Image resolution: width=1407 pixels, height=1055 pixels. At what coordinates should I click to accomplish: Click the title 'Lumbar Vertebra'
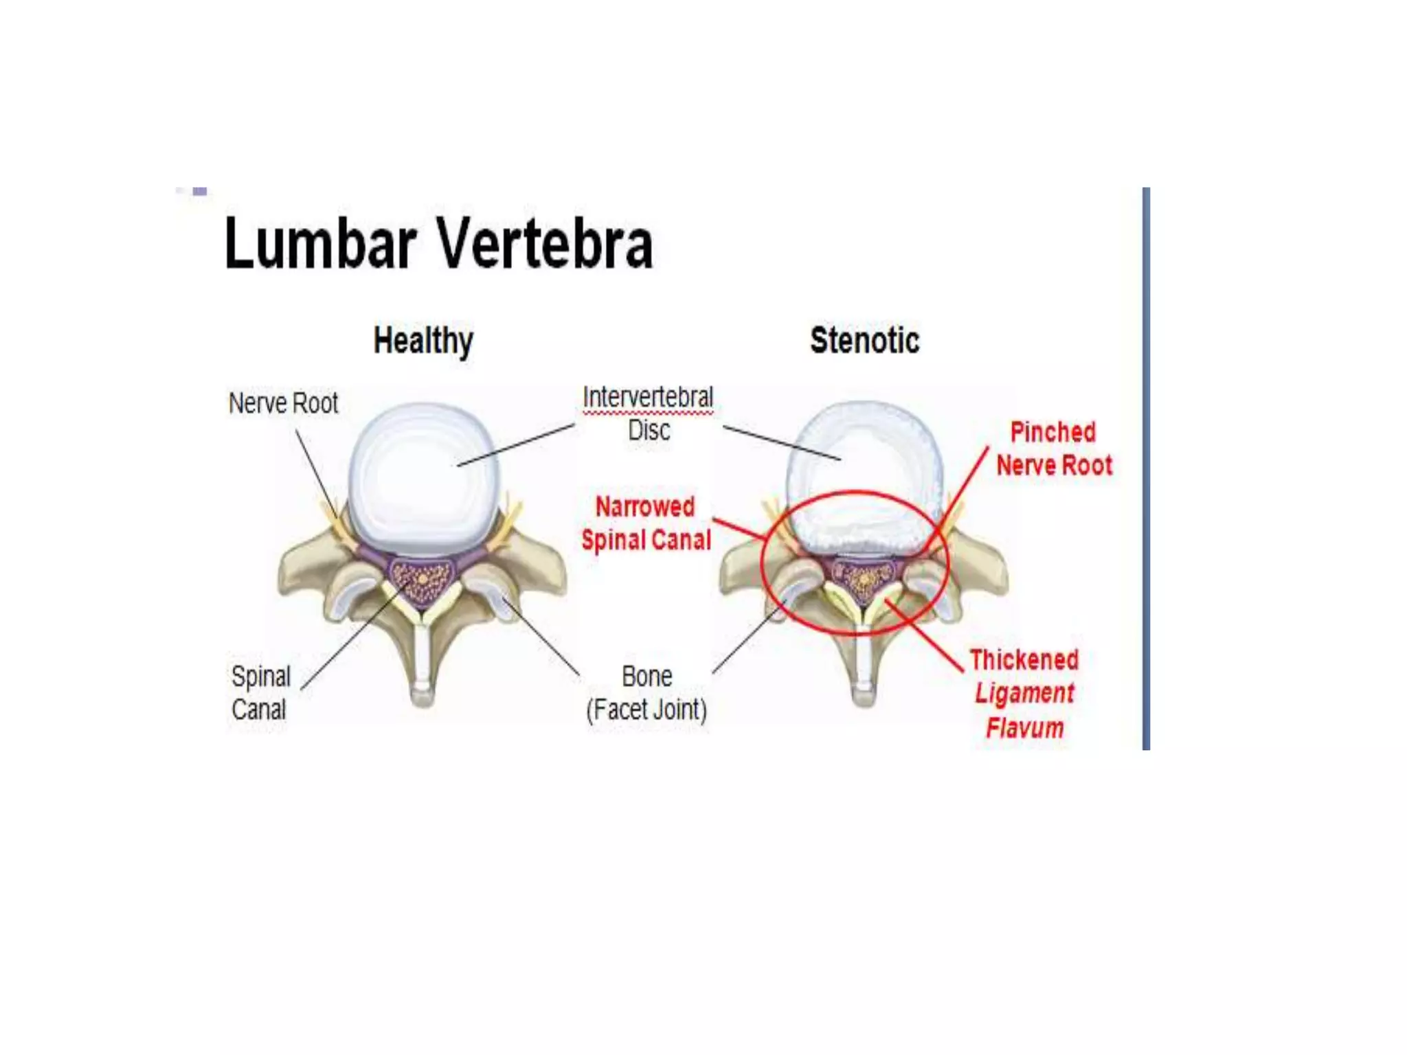click(438, 243)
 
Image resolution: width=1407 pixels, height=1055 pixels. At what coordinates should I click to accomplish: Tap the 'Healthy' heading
click(423, 341)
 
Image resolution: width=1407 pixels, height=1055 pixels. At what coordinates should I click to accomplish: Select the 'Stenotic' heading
click(864, 341)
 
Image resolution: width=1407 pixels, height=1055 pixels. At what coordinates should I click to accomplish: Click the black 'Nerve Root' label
click(283, 403)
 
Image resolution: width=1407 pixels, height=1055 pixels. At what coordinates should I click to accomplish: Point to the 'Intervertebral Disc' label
click(648, 413)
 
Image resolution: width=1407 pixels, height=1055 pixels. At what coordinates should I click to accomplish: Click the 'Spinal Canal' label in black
click(260, 692)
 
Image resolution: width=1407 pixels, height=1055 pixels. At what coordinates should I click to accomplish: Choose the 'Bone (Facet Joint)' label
click(646, 692)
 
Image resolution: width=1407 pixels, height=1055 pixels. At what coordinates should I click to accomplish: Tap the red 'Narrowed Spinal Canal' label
click(646, 523)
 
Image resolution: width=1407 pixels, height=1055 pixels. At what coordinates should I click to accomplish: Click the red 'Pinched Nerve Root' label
click(1054, 449)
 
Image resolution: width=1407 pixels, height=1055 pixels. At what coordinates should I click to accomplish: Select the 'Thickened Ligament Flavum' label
click(1024, 693)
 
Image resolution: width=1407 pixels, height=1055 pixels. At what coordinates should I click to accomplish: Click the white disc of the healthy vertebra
click(423, 477)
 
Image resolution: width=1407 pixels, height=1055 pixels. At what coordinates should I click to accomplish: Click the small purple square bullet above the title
click(200, 191)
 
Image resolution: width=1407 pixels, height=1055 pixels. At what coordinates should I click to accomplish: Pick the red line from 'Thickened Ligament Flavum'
click(924, 635)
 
